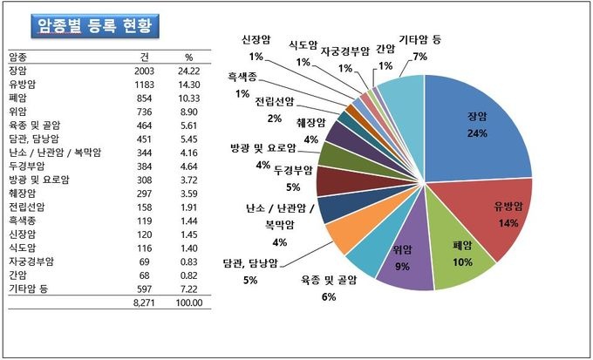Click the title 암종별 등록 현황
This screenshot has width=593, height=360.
click(x=94, y=25)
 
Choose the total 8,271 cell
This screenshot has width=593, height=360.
click(x=143, y=302)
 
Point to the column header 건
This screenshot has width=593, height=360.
click(x=149, y=55)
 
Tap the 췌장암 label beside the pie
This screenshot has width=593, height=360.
click(x=310, y=120)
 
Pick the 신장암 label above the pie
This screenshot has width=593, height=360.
click(x=257, y=40)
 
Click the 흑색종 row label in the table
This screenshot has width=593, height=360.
click(x=24, y=220)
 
